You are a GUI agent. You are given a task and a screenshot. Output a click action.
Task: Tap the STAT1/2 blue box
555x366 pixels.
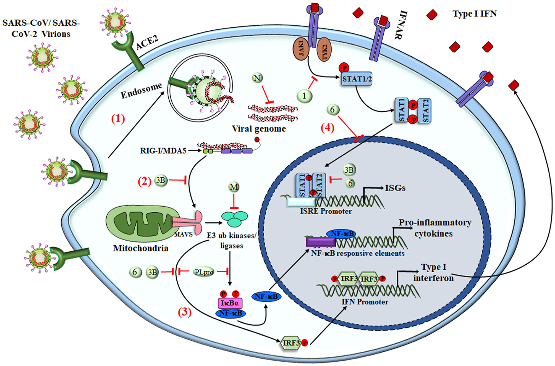pos(357,79)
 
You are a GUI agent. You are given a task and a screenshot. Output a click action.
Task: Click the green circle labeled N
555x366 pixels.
pos(257,78)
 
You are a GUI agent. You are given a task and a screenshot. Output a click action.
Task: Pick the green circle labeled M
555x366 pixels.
pos(234,187)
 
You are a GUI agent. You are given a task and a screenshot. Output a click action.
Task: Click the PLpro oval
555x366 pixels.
pos(204,272)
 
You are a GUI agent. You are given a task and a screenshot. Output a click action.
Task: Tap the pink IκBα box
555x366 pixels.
pos(230,303)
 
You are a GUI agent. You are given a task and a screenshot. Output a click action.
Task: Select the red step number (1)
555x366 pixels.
pos(118,119)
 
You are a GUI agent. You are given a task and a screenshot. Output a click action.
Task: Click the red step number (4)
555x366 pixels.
pos(327,128)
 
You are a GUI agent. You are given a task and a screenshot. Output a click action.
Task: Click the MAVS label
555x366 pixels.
pos(183,235)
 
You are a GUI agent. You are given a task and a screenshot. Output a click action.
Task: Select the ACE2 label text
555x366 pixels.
pos(147,42)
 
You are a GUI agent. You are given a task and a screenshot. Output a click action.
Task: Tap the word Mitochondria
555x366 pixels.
pos(141,248)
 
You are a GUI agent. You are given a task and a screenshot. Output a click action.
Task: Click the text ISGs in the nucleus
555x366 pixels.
pos(395,188)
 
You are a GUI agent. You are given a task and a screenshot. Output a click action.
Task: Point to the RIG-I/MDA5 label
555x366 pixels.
pos(163,151)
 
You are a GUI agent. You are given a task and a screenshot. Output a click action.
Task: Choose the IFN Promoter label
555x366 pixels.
pos(365,302)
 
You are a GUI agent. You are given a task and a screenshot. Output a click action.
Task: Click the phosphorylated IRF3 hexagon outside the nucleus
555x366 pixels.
pos(291,343)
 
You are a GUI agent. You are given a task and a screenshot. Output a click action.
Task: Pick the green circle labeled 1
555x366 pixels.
pos(304,96)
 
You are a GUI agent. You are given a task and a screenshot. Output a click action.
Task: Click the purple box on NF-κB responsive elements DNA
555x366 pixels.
pos(321,242)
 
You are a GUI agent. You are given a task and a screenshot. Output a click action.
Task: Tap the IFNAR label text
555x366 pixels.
pos(400,25)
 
